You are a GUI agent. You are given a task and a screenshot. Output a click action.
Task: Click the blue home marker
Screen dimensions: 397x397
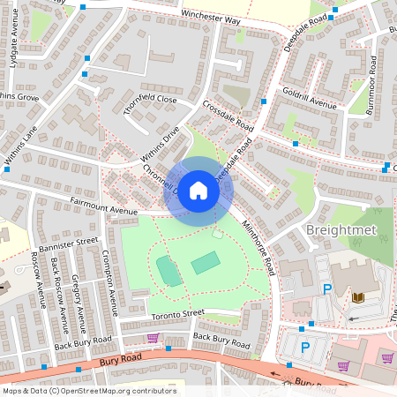[x=198, y=191]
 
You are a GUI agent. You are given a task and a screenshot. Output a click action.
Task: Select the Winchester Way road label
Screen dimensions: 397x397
[x=211, y=17]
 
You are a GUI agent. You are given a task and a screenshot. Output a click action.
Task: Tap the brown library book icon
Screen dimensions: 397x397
[x=357, y=296]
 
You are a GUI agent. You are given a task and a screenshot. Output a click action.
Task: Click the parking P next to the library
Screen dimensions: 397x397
[x=327, y=289]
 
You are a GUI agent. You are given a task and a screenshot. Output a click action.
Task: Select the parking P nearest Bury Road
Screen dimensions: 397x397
[x=306, y=347]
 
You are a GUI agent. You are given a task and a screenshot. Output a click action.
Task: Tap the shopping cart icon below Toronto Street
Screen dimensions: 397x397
[x=153, y=337]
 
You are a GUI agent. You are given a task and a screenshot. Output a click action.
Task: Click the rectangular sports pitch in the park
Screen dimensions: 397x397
[x=206, y=262]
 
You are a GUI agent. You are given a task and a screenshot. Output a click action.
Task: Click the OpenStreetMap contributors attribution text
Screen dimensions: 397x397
[x=88, y=390]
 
